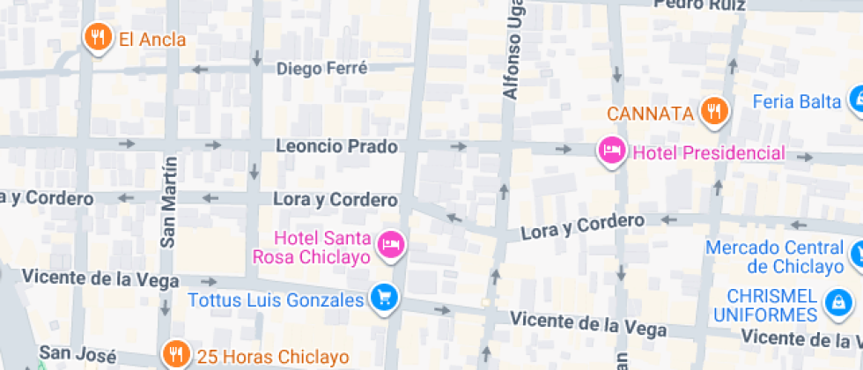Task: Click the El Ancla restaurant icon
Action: point(97,37)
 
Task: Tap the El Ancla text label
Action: point(152,39)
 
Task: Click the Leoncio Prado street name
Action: point(336,145)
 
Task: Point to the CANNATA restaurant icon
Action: point(714,111)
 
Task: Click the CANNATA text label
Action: point(651,114)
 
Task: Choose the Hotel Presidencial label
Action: point(708,153)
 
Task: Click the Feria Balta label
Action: point(796,101)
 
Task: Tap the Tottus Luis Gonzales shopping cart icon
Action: point(384,298)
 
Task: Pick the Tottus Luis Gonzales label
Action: point(276,300)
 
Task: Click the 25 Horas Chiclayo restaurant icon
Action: point(176,354)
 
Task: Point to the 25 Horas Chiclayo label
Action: point(272,357)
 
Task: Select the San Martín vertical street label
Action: point(168,202)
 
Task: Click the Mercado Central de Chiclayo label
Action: point(774,256)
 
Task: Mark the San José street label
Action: point(78,354)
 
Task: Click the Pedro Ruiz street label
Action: point(700,5)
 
